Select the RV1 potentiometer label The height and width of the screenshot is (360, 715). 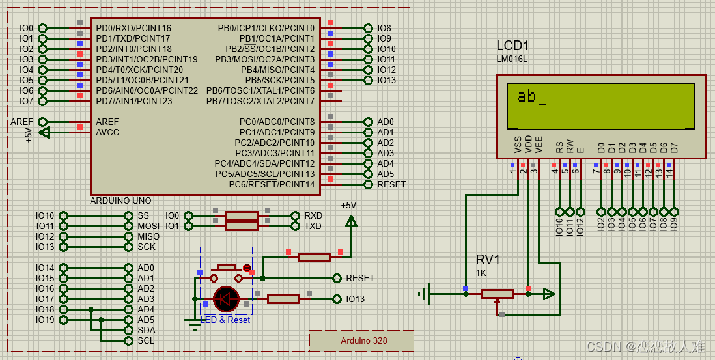pyautogui.click(x=488, y=260)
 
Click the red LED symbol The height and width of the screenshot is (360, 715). pyautogui.click(x=227, y=299)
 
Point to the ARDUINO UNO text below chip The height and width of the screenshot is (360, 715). pyautogui.click(x=121, y=201)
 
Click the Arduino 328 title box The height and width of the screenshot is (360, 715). pyautogui.click(x=361, y=340)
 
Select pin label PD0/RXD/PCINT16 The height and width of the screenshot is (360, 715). pyautogui.click(x=133, y=28)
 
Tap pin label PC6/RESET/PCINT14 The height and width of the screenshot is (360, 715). pyautogui.click(x=272, y=185)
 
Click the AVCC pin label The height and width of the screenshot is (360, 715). pyautogui.click(x=107, y=133)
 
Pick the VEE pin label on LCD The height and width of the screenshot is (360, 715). pyautogui.click(x=539, y=145)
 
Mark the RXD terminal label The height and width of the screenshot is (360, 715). pyautogui.click(x=313, y=215)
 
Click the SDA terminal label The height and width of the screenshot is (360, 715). pyautogui.click(x=147, y=331)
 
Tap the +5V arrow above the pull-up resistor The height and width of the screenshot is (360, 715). pyautogui.click(x=350, y=221)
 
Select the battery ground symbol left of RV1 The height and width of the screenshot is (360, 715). pyautogui.click(x=424, y=294)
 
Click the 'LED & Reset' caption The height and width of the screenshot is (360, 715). pyautogui.click(x=225, y=320)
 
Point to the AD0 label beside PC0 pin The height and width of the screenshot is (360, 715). pyautogui.click(x=386, y=122)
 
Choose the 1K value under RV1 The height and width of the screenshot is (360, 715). pyautogui.click(x=481, y=273)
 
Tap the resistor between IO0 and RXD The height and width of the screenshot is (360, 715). pyautogui.click(x=242, y=215)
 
